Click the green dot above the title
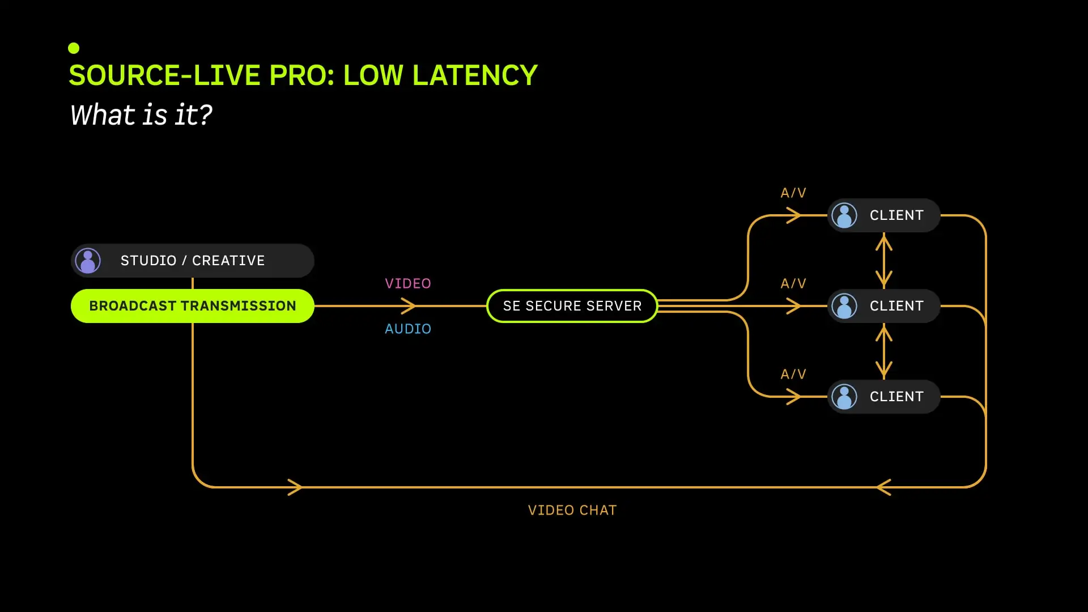[x=74, y=48]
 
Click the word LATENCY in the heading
[x=475, y=75]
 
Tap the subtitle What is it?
[x=141, y=115]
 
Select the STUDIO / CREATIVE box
[x=193, y=261]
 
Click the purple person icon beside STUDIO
[x=88, y=261]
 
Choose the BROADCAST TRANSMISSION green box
[x=193, y=306]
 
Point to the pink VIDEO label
[x=408, y=283]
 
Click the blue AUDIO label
[x=408, y=329]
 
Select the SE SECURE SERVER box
[x=572, y=306]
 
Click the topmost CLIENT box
[x=884, y=215]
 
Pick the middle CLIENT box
[x=884, y=306]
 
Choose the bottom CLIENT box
[x=884, y=397]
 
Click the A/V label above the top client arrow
[x=793, y=193]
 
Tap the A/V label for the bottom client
[x=793, y=374]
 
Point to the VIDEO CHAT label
[x=572, y=510]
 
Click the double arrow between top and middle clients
[x=884, y=261]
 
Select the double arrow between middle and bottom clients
[x=884, y=351]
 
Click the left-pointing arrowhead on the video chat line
[x=883, y=487]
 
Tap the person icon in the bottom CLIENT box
[x=844, y=397]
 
